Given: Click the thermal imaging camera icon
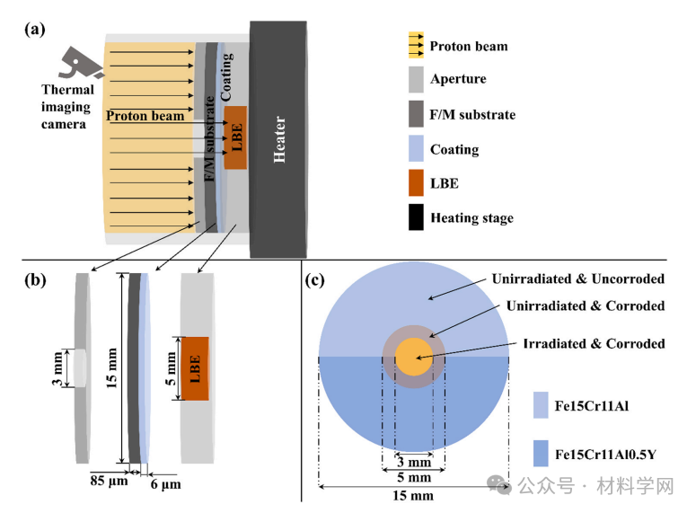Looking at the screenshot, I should pos(80,62).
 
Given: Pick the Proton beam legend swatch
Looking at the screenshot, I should pos(416,46).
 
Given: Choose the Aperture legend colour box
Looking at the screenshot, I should pos(416,78).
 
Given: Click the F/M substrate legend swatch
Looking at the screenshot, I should pos(416,114).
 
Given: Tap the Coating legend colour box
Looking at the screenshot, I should pos(416,149).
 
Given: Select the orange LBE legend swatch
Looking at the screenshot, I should pos(416,183).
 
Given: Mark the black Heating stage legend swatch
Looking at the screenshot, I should pos(416,217).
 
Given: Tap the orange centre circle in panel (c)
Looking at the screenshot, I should pos(413,357).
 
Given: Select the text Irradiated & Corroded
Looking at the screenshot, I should pos(594,343).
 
